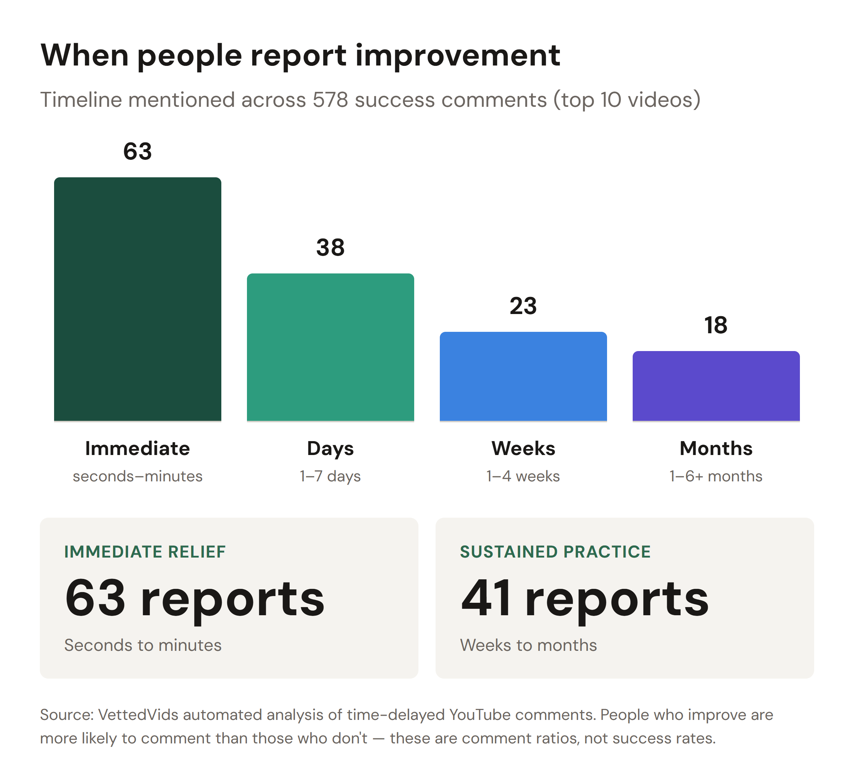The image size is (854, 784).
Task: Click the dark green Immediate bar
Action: tap(137, 299)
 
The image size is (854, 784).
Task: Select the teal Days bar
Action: tap(330, 347)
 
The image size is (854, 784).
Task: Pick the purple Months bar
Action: tap(716, 386)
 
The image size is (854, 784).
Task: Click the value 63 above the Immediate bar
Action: tap(137, 151)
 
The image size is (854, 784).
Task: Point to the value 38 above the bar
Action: tap(330, 247)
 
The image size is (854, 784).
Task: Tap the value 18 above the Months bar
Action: tap(716, 325)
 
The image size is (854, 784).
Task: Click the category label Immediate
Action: tap(137, 448)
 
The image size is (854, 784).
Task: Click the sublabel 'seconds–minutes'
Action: tap(137, 476)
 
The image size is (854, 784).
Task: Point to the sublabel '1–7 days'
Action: tap(330, 476)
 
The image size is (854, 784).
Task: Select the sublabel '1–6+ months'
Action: tap(716, 476)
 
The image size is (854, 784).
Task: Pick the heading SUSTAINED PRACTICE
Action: tap(555, 552)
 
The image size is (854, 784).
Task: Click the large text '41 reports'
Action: tap(584, 598)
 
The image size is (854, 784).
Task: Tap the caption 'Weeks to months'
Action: tap(528, 645)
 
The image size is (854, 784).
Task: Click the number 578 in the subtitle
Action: tap(330, 100)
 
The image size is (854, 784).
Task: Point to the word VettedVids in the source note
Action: tap(138, 715)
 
